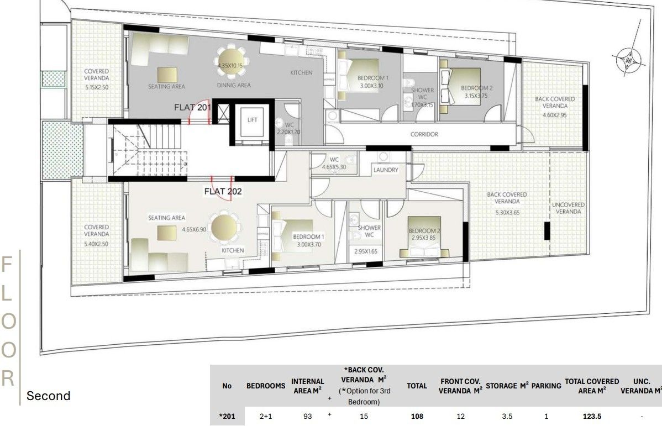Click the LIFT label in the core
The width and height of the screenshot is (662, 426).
pos(253,119)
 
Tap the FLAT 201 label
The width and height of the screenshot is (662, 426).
pos(192,107)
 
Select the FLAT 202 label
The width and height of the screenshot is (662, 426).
pos(223,192)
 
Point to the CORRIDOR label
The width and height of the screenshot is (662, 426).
pos(424,134)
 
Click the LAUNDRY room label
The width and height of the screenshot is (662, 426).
pos(386,170)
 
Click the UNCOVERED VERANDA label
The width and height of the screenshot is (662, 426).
pos(569,208)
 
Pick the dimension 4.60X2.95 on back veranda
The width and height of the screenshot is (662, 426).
pos(554,115)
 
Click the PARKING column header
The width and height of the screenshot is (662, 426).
pos(546,386)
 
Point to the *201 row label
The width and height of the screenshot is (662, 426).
pos(227,417)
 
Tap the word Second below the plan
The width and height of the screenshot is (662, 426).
pos(49,396)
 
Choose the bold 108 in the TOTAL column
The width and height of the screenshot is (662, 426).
pos(417,417)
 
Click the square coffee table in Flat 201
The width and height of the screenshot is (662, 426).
pos(167,74)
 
